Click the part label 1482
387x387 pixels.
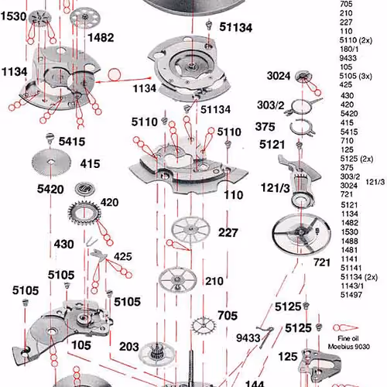[101, 38]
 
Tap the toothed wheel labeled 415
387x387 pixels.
[51, 163]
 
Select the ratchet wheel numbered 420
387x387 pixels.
[84, 213]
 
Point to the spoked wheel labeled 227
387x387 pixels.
[190, 230]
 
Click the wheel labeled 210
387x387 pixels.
[177, 279]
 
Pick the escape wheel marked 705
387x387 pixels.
[204, 325]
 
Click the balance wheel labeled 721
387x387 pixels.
[301, 234]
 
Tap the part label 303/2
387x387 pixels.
[270, 105]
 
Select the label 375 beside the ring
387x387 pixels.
[265, 127]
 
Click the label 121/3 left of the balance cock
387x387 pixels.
[276, 188]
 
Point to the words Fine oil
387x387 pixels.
[348, 338]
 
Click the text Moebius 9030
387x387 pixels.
[349, 347]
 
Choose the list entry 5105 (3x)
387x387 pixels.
[355, 76]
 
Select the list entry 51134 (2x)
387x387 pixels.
[358, 277]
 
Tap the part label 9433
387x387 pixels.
[248, 337]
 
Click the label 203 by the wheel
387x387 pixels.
[129, 347]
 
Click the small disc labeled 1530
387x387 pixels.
[40, 18]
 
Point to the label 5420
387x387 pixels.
[50, 189]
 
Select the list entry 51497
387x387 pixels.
[351, 295]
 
